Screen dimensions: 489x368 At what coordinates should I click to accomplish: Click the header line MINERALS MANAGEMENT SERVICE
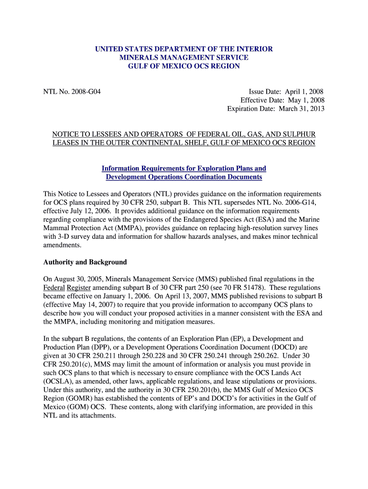pos(184,57)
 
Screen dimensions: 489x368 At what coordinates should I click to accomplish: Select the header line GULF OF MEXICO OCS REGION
pos(184,66)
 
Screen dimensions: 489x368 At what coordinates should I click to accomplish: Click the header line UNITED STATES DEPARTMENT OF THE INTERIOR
pos(184,49)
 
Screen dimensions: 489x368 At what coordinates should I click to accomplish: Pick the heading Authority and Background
pos(85,262)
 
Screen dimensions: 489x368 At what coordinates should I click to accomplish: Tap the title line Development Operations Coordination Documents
pos(184,177)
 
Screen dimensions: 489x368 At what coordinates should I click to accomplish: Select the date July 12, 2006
pos(93,211)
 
